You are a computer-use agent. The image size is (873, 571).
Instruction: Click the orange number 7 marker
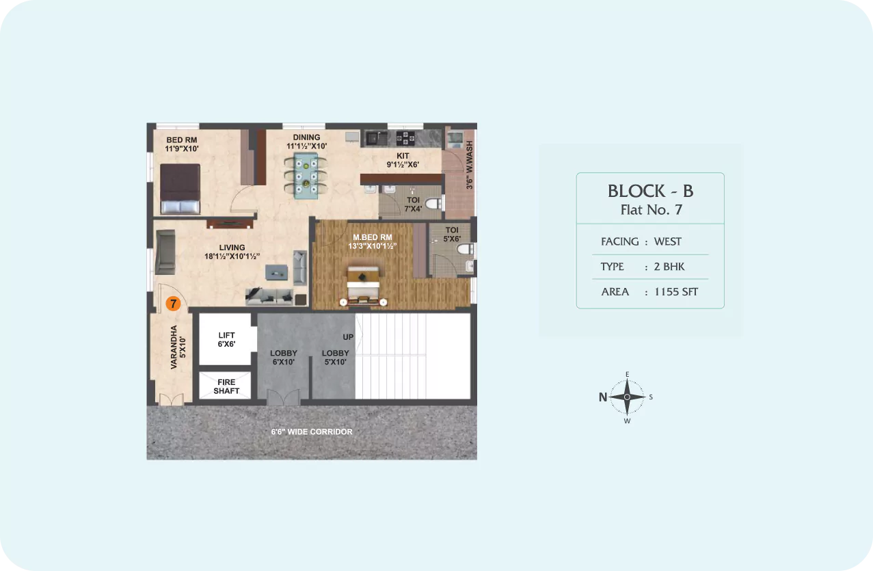pyautogui.click(x=173, y=304)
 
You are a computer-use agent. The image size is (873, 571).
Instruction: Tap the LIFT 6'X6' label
pyautogui.click(x=226, y=339)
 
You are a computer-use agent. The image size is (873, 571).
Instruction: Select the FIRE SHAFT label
pyautogui.click(x=226, y=386)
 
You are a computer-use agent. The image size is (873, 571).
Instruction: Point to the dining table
pyautogui.click(x=306, y=176)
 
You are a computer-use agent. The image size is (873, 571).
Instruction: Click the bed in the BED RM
pyautogui.click(x=180, y=189)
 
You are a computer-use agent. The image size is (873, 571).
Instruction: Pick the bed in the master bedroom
pyautogui.click(x=363, y=284)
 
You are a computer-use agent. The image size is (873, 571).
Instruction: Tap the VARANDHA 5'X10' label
pyautogui.click(x=178, y=347)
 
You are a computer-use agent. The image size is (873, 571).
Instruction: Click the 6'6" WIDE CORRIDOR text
pyautogui.click(x=312, y=431)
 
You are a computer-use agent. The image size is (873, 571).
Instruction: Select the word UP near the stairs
pyautogui.click(x=348, y=336)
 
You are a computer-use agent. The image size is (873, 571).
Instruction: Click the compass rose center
pyautogui.click(x=627, y=397)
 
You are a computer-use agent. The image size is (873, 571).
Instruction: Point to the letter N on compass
pyautogui.click(x=603, y=397)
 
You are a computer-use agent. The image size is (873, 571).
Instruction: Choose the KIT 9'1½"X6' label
pyautogui.click(x=403, y=160)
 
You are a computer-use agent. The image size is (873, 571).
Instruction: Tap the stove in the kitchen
pyautogui.click(x=405, y=138)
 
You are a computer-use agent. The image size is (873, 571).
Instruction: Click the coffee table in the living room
pyautogui.click(x=277, y=272)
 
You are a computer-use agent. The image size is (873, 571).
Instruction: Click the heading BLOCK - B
pyautogui.click(x=650, y=191)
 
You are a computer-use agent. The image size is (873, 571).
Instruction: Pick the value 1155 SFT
pyautogui.click(x=676, y=292)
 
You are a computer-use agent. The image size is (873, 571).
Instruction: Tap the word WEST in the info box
pyautogui.click(x=668, y=241)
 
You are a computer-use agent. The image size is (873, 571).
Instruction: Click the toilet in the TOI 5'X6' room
pyautogui.click(x=465, y=249)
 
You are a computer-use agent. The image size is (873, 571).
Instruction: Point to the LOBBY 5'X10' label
pyautogui.click(x=335, y=358)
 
